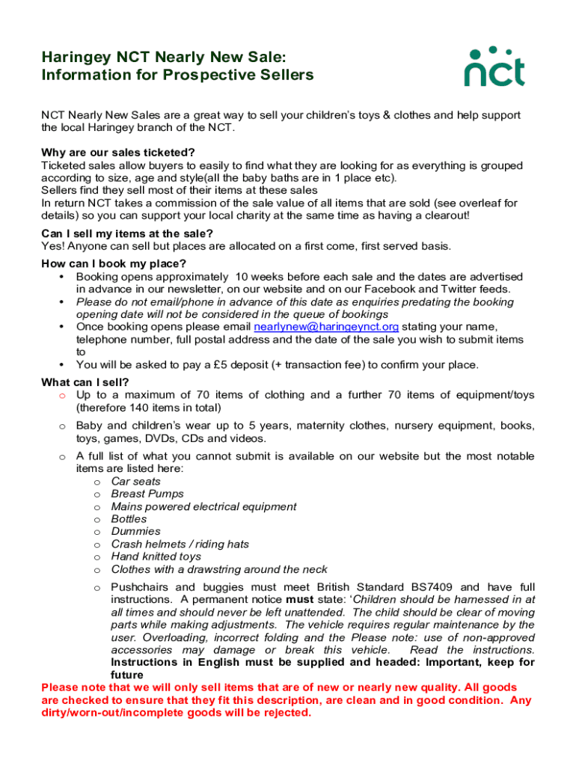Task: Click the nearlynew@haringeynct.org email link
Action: [x=326, y=327]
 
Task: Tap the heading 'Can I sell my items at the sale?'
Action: [x=117, y=233]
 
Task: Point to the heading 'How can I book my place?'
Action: [x=114, y=263]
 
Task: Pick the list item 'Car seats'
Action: [x=135, y=482]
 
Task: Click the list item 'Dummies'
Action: [x=135, y=532]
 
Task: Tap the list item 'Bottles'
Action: [x=129, y=519]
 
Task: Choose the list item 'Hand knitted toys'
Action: [x=156, y=557]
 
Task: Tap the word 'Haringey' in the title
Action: [x=78, y=57]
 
